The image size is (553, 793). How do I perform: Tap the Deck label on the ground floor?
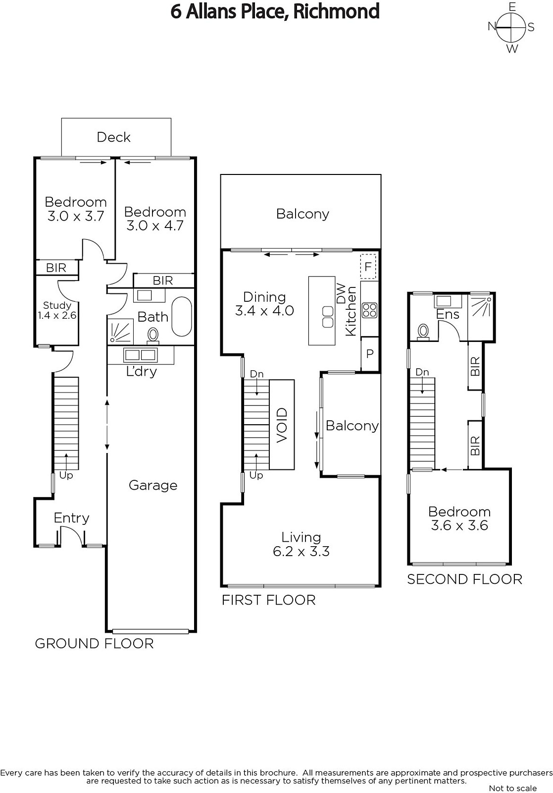[x=113, y=137]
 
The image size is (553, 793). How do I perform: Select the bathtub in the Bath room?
[x=182, y=317]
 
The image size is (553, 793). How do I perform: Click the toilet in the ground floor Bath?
[x=153, y=335]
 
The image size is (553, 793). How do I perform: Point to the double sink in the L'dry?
[x=140, y=354]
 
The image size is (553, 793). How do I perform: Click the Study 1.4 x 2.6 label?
[x=57, y=310]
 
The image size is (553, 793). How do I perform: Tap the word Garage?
[x=153, y=485]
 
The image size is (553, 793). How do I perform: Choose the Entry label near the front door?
[x=71, y=518]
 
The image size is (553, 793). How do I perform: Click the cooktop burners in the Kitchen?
[x=369, y=310]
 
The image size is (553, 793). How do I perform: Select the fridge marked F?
[x=368, y=266]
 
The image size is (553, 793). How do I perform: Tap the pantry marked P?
[x=370, y=354]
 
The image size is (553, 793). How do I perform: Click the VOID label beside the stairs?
[x=282, y=425]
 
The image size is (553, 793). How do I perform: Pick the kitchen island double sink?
[x=328, y=317]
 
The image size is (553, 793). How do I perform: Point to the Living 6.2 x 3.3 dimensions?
[x=301, y=552]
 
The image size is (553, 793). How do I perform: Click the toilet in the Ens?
[x=423, y=332]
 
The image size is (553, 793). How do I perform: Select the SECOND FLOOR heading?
[x=464, y=579]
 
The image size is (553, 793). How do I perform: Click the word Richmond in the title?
[x=336, y=11]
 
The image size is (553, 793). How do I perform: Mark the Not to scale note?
[x=513, y=788]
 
